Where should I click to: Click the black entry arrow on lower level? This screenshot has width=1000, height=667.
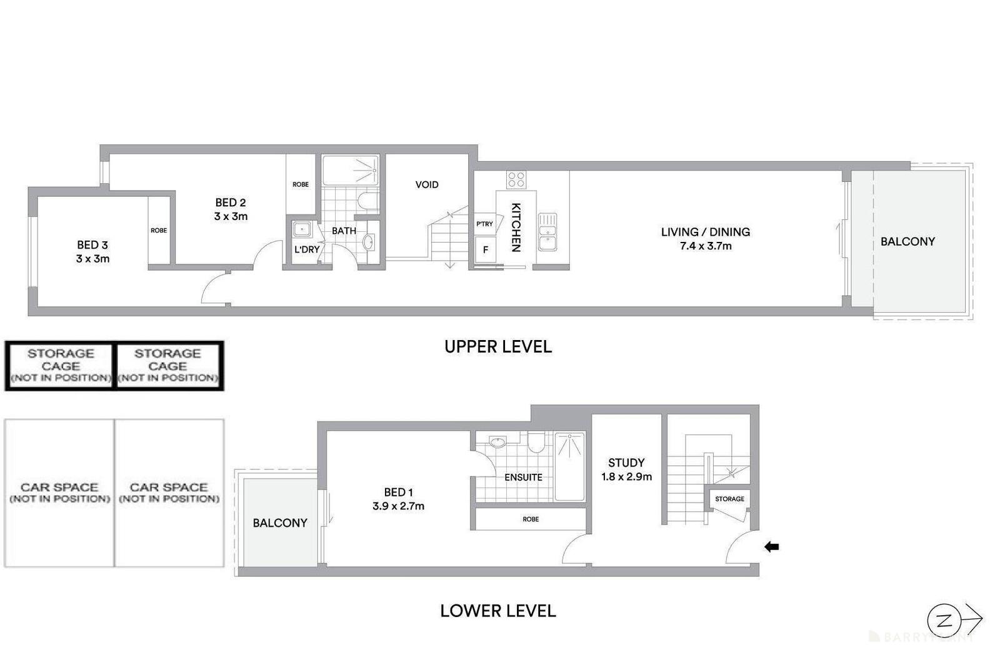(771, 547)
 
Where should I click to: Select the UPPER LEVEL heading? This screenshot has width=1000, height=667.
(497, 346)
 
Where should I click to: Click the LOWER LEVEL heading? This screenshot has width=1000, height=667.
(497, 611)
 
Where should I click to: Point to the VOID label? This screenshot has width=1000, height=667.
(427, 184)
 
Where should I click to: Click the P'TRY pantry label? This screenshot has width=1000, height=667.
(484, 224)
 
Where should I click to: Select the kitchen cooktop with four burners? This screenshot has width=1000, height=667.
(516, 180)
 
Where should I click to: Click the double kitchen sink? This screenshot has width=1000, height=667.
(547, 231)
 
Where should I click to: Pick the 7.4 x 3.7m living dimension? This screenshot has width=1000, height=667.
(706, 246)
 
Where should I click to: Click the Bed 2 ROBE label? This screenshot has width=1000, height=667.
(301, 184)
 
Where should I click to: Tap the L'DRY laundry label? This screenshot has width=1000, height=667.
(307, 249)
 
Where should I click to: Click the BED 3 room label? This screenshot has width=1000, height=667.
(92, 245)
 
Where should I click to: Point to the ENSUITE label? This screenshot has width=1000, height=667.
(523, 477)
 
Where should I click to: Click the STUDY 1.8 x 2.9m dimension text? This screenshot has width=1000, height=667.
(626, 477)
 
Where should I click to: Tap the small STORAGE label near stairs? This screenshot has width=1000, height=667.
(729, 499)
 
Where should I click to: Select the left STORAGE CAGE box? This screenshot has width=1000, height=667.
(60, 366)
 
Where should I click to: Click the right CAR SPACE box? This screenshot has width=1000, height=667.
(169, 493)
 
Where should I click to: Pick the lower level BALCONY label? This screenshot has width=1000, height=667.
(280, 523)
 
